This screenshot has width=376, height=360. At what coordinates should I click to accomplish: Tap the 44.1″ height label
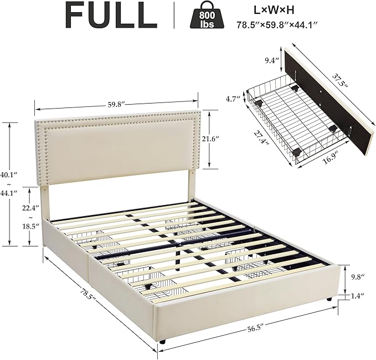[9, 192]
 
